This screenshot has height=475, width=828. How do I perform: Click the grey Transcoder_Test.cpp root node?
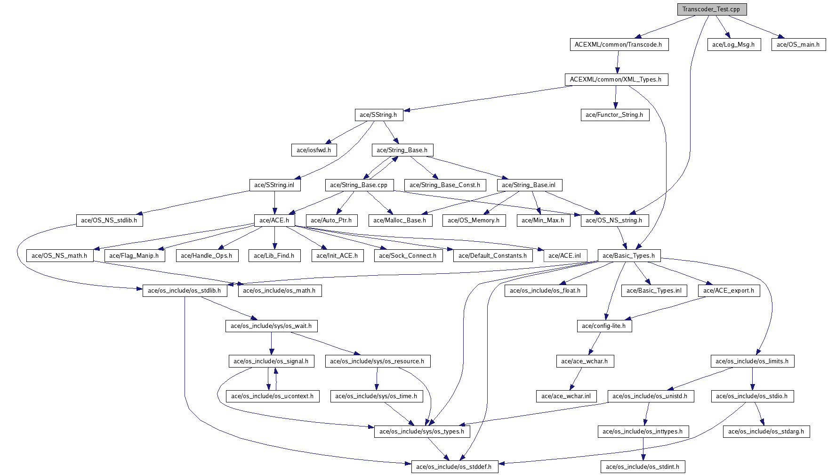[711, 9]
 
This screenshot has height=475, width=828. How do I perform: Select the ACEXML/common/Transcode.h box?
[618, 45]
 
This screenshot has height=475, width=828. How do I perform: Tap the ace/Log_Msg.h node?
[733, 45]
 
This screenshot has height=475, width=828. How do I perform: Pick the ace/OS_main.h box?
[798, 45]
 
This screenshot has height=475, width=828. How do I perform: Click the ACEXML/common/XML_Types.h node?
[616, 80]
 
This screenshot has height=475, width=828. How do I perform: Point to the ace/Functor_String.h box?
[614, 115]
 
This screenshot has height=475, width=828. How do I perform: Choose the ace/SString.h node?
[378, 115]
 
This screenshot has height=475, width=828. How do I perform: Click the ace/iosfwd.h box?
[314, 150]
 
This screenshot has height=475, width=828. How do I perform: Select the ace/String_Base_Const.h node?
[445, 185]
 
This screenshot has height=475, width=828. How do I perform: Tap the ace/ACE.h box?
[274, 221]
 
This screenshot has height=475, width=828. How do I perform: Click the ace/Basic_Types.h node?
[628, 256]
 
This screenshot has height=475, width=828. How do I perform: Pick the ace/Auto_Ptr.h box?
[331, 221]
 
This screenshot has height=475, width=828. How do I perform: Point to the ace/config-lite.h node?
[603, 326]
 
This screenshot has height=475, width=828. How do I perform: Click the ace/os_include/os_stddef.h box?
[454, 467]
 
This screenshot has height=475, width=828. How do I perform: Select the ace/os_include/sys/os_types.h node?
[422, 432]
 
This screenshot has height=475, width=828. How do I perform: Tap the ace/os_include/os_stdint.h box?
[643, 467]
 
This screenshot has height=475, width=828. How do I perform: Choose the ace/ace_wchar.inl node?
[566, 396]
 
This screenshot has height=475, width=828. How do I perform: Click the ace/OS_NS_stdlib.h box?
[109, 221]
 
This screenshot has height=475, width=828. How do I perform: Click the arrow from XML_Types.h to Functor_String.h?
[615, 97]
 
